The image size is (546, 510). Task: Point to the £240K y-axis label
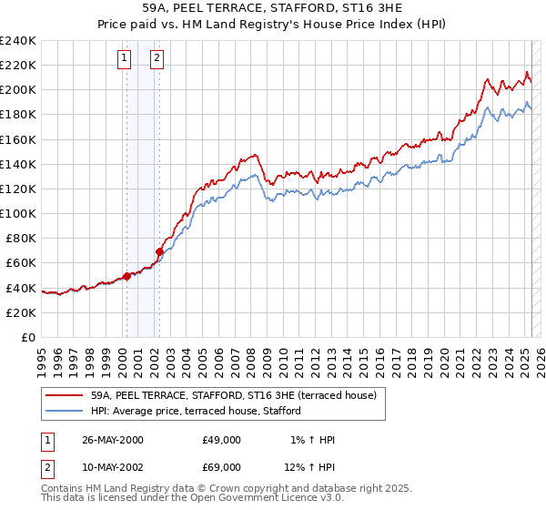point(18,41)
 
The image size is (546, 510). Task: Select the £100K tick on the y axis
point(18,213)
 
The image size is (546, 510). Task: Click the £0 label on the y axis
point(29,337)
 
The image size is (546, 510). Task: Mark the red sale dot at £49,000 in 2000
point(127,276)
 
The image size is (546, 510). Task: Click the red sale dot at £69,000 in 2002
point(159,251)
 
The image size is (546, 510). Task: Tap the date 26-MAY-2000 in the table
point(113,440)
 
